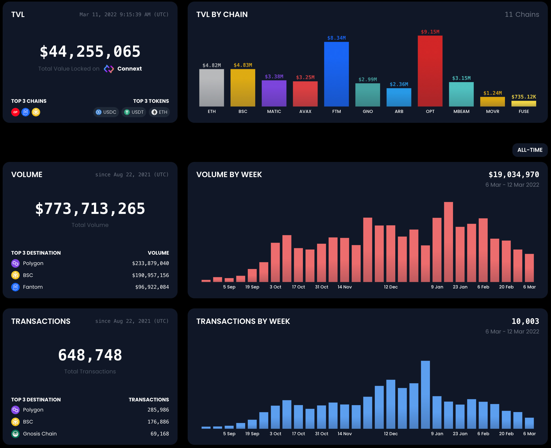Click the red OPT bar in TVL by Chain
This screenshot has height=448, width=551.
(x=430, y=71)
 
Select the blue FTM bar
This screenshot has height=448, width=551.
(x=336, y=74)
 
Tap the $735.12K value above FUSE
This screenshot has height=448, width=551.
(x=524, y=97)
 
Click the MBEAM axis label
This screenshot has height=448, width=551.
(x=461, y=111)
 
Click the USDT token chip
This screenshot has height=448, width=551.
(x=134, y=112)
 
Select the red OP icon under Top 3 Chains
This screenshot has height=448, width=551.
(x=15, y=112)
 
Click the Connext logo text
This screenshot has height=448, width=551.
(x=129, y=69)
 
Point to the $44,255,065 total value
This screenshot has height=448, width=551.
(x=90, y=51)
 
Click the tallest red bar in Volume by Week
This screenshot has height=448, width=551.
(x=448, y=242)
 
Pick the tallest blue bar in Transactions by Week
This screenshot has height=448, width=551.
(x=425, y=394)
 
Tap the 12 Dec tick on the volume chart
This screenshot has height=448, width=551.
(x=390, y=287)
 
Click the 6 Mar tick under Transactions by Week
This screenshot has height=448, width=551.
(x=529, y=434)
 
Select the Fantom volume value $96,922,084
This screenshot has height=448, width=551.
(x=152, y=287)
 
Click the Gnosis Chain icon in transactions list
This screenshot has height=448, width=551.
(x=15, y=434)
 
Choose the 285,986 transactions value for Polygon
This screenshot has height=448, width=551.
(x=158, y=410)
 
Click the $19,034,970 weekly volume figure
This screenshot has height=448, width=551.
(x=513, y=174)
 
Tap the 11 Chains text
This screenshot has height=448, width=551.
(x=522, y=14)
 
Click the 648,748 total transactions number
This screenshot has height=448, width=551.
(x=90, y=355)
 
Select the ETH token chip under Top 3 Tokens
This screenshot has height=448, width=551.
(x=159, y=112)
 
